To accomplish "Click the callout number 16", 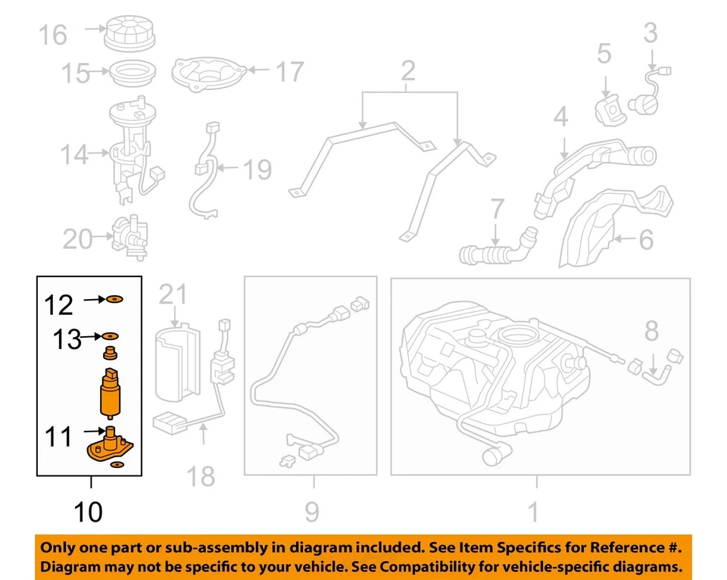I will [53, 35].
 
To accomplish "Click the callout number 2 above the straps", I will [408, 72].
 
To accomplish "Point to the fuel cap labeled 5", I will [608, 108].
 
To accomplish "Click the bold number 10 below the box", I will [89, 513].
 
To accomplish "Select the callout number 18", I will [201, 476].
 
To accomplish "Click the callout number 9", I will [312, 513].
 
